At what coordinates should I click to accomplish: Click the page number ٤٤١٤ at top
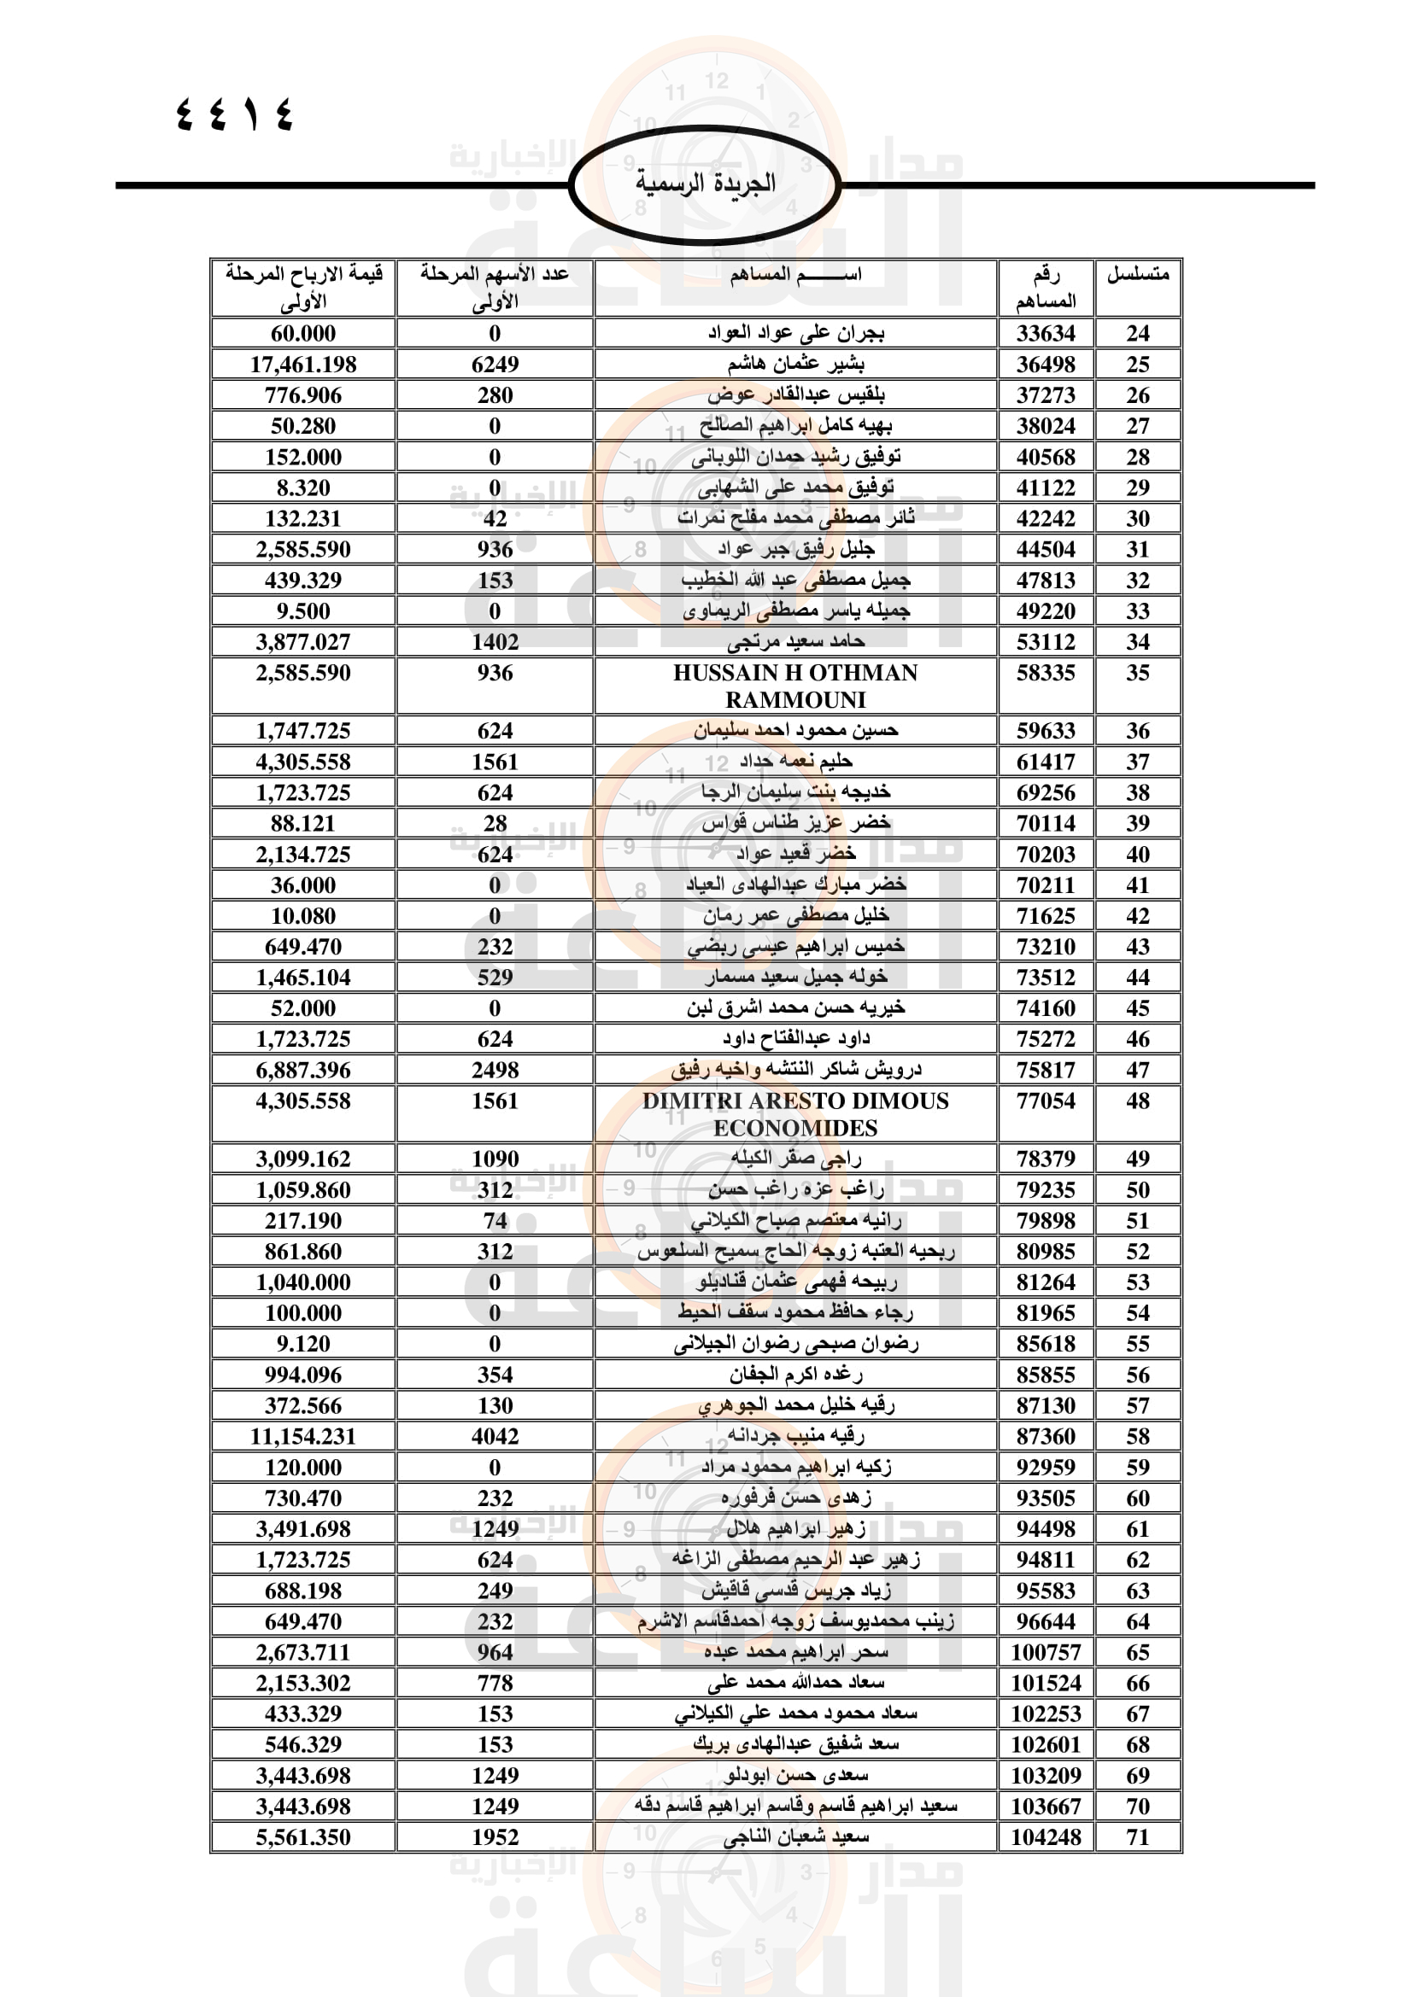[235, 113]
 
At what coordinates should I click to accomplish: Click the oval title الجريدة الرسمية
[705, 184]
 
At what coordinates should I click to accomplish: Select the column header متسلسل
[1137, 275]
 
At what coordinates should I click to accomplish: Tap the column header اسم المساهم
[795, 275]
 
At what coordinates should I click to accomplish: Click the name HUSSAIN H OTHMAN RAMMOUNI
[795, 686]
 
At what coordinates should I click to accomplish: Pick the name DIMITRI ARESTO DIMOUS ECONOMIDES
[795, 1114]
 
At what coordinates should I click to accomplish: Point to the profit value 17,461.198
[302, 365]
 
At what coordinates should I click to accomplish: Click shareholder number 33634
[1045, 333]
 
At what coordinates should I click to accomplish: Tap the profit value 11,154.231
[302, 1436]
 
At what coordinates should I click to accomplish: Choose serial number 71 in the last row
[1137, 1837]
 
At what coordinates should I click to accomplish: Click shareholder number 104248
[1045, 1837]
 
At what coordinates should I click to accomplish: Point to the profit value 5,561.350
[302, 1837]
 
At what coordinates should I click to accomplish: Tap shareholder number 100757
[1045, 1652]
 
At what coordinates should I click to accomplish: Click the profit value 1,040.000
[302, 1282]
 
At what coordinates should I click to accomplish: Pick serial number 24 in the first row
[1137, 333]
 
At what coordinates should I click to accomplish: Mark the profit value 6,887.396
[302, 1070]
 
